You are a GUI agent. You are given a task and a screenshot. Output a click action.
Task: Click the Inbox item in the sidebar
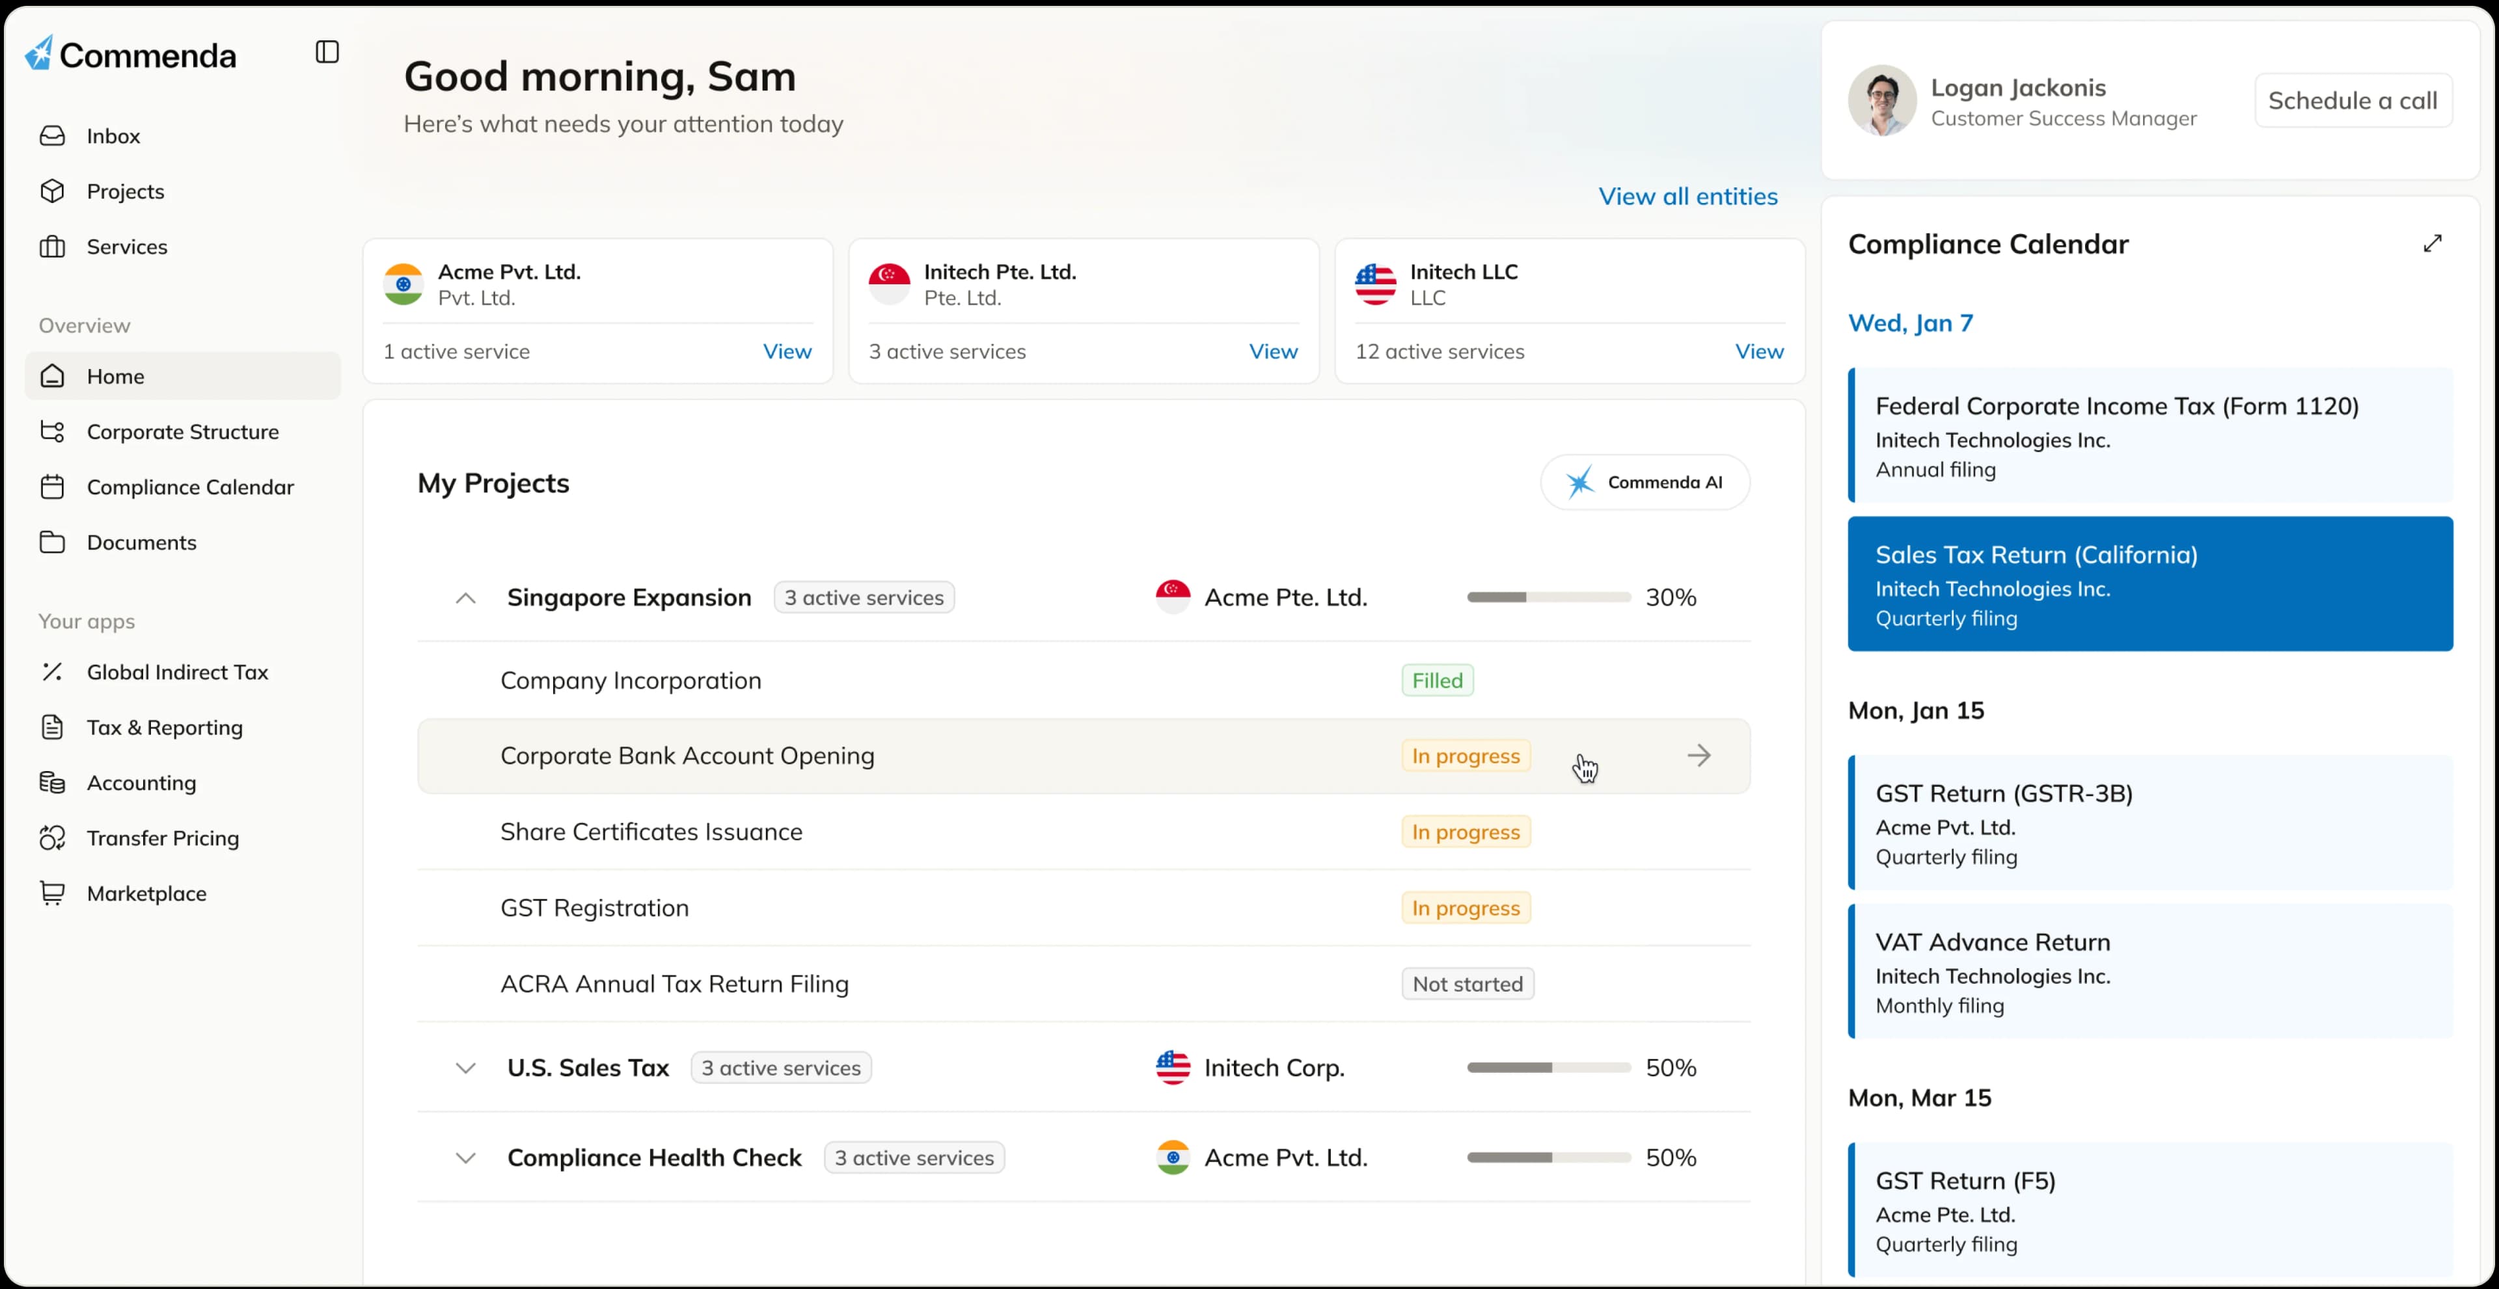113,136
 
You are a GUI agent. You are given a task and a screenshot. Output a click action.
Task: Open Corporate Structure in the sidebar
182,431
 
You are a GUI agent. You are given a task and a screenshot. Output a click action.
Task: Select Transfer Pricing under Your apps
162,838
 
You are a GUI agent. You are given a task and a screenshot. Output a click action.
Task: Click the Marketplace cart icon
52,893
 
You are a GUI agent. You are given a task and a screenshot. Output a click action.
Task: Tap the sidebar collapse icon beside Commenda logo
327,52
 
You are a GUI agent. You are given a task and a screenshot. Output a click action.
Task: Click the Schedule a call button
2353,101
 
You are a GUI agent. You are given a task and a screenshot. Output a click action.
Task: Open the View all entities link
1688,197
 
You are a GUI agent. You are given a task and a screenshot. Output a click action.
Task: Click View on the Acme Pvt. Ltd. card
787,352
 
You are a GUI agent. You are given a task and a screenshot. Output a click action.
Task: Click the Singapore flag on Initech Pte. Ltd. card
888,284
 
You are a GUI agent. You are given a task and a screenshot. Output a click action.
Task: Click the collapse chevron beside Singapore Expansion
466,599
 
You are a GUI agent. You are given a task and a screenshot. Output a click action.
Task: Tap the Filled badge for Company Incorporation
1437,681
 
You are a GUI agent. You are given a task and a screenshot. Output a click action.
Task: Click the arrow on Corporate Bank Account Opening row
1699,755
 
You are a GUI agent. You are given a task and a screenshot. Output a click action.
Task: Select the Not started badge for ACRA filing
1467,984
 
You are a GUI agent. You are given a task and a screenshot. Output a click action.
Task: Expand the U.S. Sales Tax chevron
466,1068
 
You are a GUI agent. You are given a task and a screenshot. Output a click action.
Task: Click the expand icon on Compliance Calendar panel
2432,243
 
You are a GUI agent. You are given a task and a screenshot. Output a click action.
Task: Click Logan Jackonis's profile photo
1882,101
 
